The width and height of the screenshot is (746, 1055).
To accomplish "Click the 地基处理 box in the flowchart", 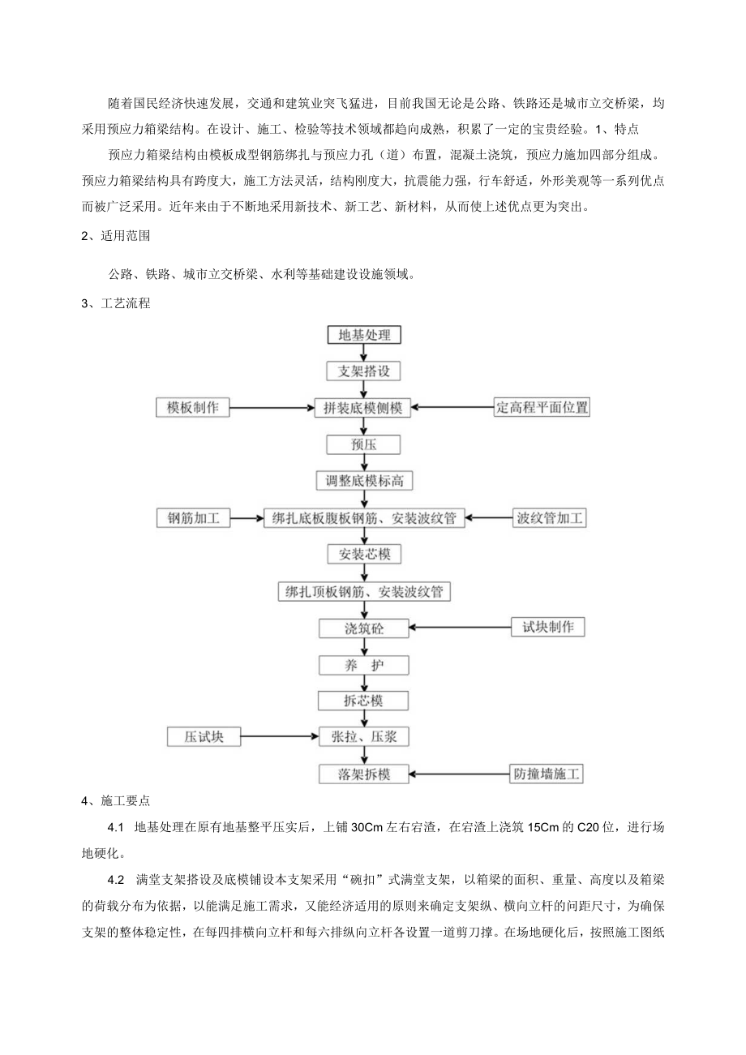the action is [363, 334].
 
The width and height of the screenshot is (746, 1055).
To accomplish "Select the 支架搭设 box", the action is [363, 371].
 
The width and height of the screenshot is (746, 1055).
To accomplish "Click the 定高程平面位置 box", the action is [542, 407].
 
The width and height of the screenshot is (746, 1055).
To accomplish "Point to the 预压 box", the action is [363, 444].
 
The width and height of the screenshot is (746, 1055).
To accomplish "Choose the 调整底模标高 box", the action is [364, 481].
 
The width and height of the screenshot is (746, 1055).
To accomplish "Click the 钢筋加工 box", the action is [194, 517].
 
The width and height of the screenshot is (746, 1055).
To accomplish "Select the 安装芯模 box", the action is [364, 555].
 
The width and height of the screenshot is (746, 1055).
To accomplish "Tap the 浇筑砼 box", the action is [364, 628].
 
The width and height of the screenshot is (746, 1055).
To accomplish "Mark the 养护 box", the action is [364, 665].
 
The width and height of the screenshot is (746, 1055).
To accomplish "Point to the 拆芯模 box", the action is [364, 701].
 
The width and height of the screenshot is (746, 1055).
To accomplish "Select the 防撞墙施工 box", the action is [547, 774].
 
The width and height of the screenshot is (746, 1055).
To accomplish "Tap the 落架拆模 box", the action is [364, 774].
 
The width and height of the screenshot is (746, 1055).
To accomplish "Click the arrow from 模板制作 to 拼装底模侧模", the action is [272, 407].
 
